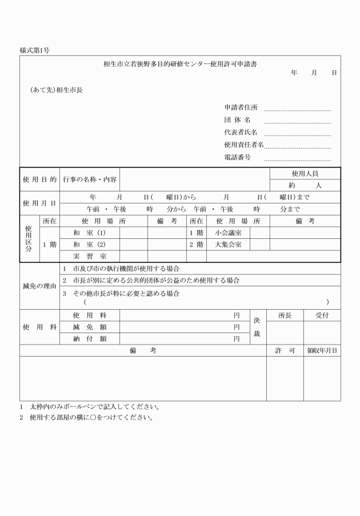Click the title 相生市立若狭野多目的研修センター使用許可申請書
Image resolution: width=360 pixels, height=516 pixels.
click(179, 65)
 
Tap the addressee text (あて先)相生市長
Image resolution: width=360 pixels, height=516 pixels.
click(56, 90)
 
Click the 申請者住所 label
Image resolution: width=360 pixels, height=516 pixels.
click(241, 107)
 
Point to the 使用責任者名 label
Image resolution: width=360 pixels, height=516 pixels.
click(244, 145)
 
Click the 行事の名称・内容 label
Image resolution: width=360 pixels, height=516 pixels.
click(90, 179)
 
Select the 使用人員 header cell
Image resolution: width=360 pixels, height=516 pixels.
click(305, 173)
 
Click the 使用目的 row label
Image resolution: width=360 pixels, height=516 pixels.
click(39, 179)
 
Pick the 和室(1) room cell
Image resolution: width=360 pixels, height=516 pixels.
click(90, 233)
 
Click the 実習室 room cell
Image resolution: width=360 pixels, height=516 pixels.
click(90, 257)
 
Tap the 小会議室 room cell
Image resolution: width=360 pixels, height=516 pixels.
click(228, 233)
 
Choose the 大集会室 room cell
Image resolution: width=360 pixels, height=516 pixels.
click(228, 245)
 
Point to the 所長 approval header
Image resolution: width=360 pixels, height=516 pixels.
click(285, 315)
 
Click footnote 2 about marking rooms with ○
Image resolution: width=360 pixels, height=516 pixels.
click(87, 417)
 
